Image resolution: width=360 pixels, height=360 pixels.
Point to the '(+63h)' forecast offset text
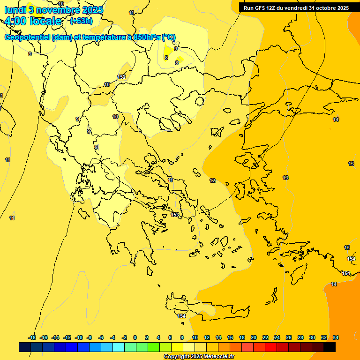tap(81, 21)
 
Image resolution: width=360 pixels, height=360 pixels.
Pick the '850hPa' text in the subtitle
tap(147, 37)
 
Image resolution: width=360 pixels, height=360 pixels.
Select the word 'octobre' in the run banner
tap(327, 8)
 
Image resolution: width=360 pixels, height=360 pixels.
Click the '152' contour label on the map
tap(121, 77)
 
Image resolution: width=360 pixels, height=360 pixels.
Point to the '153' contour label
tap(175, 215)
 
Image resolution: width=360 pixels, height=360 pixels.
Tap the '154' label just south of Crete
tap(181, 316)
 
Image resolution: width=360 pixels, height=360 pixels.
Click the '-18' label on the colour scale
tap(32, 337)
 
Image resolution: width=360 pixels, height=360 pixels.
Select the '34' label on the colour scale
tap(336, 337)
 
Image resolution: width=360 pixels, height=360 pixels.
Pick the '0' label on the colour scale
tap(135, 337)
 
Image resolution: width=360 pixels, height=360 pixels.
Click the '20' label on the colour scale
tap(253, 337)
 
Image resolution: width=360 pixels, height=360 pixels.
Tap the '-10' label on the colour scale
tap(79, 337)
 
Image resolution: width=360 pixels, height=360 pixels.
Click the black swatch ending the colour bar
tap(330, 347)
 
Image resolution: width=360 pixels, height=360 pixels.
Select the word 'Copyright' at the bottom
tap(176, 357)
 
